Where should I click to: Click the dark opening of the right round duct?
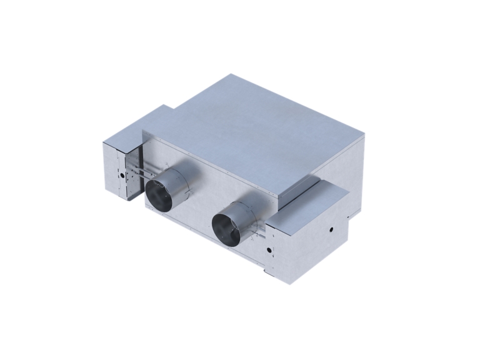226,227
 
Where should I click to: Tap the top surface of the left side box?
141,125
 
